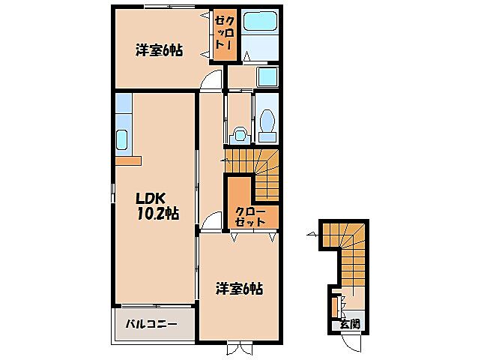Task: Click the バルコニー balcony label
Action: [x=151, y=325]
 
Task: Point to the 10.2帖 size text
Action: [x=156, y=214]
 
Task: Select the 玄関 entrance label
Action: [x=349, y=324]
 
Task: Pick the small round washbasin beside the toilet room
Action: [x=240, y=134]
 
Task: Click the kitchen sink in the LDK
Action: [x=122, y=139]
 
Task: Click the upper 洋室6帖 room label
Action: [x=159, y=50]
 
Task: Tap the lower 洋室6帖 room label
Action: [x=240, y=287]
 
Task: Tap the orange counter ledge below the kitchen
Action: [x=128, y=160]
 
